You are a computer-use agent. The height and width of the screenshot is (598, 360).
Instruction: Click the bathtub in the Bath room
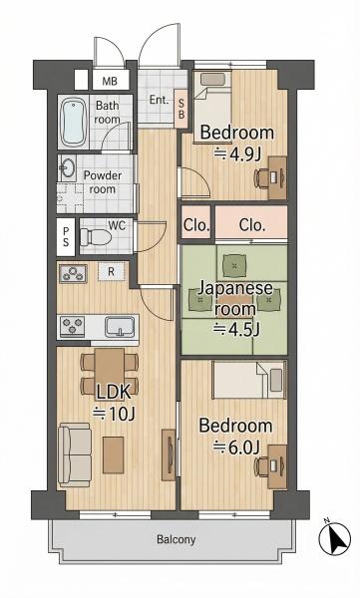click(x=74, y=122)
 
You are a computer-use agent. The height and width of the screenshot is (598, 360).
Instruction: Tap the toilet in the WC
click(x=96, y=238)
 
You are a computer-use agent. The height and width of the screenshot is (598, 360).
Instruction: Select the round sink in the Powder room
click(x=68, y=167)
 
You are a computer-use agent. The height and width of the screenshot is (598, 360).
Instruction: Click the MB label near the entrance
click(x=110, y=81)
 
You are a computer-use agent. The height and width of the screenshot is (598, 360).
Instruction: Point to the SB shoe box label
click(x=181, y=109)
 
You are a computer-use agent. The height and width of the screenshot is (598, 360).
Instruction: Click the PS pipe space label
click(x=66, y=236)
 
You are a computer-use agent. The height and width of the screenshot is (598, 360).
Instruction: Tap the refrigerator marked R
click(x=111, y=271)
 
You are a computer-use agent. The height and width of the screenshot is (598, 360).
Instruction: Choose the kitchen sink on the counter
click(x=120, y=327)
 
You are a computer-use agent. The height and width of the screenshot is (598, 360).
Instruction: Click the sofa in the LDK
click(x=75, y=454)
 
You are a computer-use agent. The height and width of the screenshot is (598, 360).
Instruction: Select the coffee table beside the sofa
click(x=114, y=455)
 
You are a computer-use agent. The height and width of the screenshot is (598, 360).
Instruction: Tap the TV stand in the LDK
click(x=169, y=454)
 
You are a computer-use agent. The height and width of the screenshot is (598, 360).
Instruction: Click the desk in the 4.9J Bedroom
click(x=277, y=177)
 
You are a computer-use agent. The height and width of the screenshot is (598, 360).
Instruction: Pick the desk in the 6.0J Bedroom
click(x=277, y=466)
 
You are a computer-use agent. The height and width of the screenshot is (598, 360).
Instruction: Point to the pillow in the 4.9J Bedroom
click(x=213, y=79)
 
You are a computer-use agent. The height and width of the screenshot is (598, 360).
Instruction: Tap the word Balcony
click(x=177, y=539)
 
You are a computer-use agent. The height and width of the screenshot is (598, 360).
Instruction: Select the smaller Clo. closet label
click(x=196, y=225)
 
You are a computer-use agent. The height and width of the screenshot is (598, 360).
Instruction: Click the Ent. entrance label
click(x=159, y=100)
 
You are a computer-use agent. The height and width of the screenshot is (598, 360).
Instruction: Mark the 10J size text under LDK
click(x=114, y=414)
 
